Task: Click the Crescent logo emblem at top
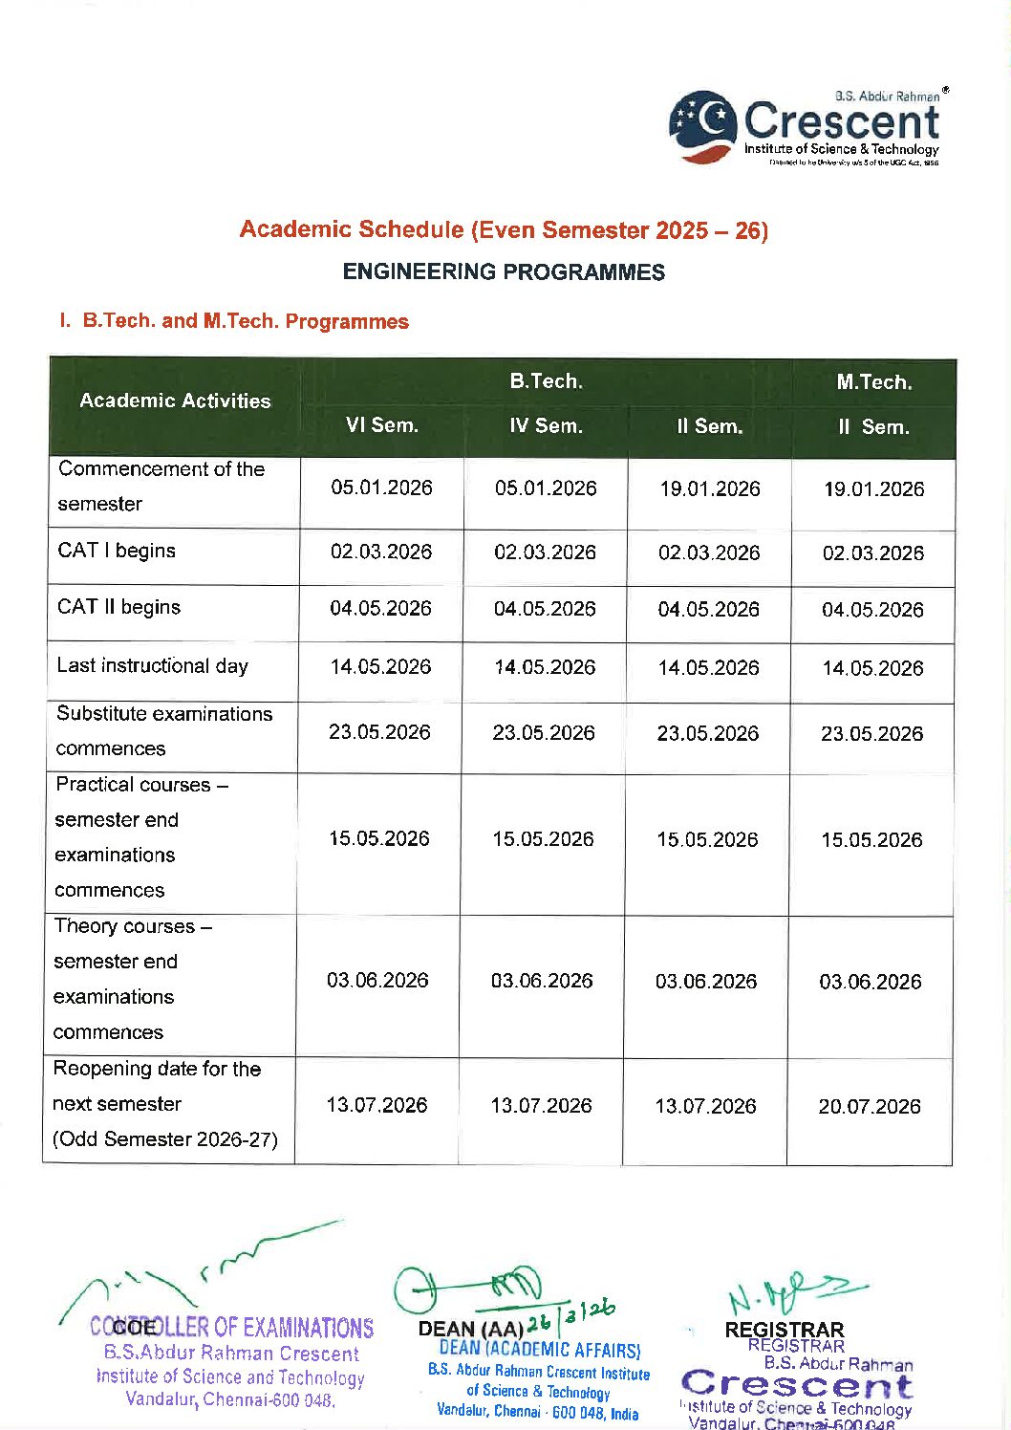click(x=703, y=126)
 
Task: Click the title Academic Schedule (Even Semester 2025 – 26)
click(x=504, y=230)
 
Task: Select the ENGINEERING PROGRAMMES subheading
click(x=504, y=272)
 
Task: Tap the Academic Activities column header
click(x=175, y=401)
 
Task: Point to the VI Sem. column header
click(x=382, y=426)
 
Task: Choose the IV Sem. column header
click(x=546, y=426)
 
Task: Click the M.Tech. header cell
click(x=874, y=382)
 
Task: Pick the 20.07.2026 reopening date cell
click(x=870, y=1107)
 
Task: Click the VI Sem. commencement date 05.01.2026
click(x=382, y=488)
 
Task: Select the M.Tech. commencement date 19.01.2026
click(x=874, y=489)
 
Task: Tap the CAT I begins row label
click(x=117, y=552)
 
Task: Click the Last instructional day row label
click(x=153, y=666)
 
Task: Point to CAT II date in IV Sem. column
click(x=545, y=609)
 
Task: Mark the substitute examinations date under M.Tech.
click(x=871, y=734)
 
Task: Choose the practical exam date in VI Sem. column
click(x=379, y=839)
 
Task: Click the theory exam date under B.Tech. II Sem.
click(x=706, y=982)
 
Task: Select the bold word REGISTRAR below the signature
click(x=785, y=1330)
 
